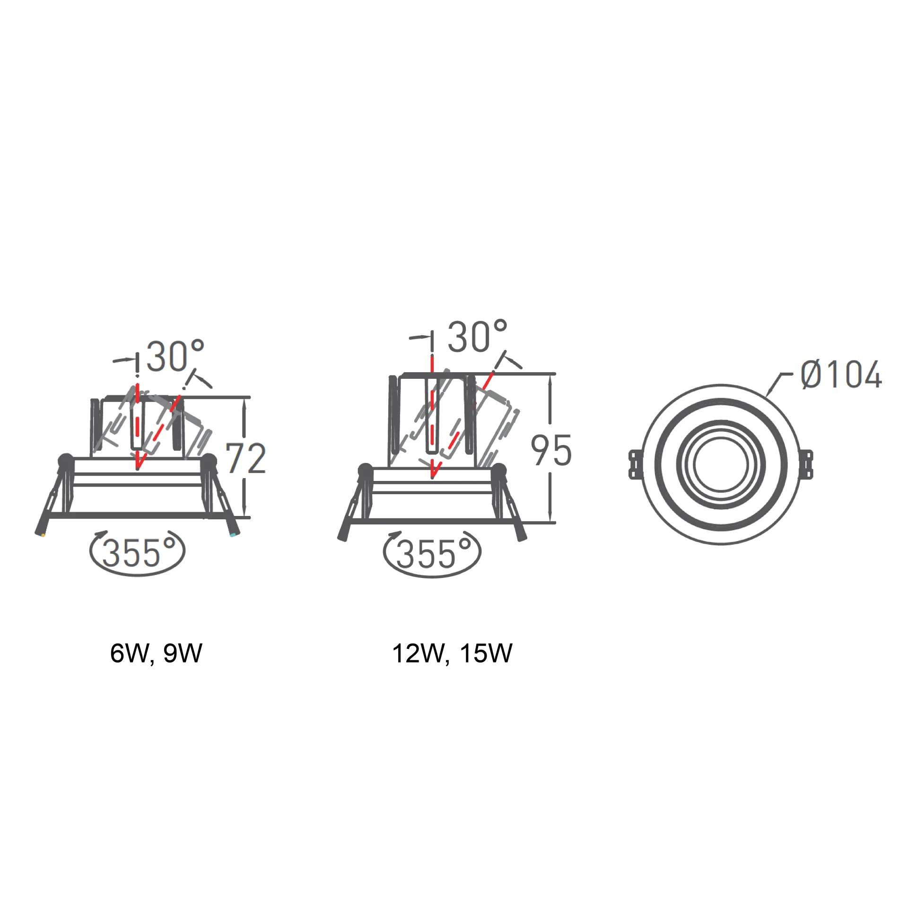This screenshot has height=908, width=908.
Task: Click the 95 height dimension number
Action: pyautogui.click(x=551, y=450)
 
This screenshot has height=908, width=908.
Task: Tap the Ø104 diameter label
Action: pyautogui.click(x=841, y=375)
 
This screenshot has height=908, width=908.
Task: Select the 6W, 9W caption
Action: pyautogui.click(x=156, y=654)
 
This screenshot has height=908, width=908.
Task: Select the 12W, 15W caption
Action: pyautogui.click(x=452, y=654)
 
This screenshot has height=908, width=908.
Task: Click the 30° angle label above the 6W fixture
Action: pyautogui.click(x=175, y=355)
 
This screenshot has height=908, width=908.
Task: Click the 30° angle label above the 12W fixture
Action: pyautogui.click(x=478, y=336)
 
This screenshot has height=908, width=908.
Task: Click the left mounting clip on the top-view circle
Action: pyautogui.click(x=635, y=464)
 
